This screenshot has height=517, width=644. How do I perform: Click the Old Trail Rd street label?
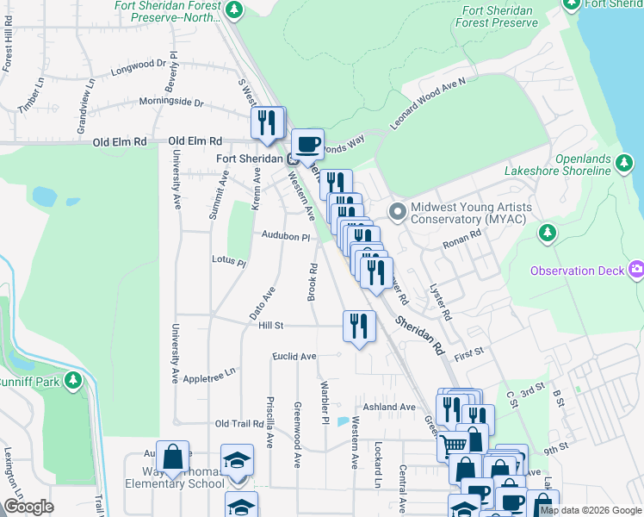(238, 424)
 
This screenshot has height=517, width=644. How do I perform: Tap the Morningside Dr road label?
(174, 103)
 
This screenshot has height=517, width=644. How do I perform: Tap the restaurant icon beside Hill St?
(359, 327)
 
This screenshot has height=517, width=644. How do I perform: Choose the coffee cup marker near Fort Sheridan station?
(307, 145)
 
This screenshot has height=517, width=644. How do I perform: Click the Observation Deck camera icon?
(636, 271)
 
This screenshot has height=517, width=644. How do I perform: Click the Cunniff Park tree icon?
(74, 380)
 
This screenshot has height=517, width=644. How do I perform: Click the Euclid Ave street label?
(294, 356)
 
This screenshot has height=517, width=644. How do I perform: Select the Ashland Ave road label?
(389, 407)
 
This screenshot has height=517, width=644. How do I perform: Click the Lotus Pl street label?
(228, 259)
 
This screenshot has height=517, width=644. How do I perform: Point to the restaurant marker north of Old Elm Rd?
(268, 123)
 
